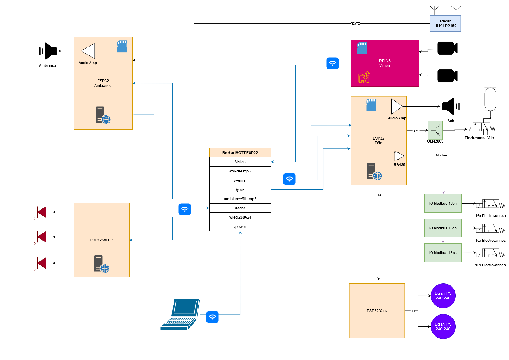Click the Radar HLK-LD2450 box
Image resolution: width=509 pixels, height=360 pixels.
click(445, 23)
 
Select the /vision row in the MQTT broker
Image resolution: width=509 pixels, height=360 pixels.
click(240, 162)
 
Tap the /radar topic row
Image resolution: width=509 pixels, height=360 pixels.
click(240, 208)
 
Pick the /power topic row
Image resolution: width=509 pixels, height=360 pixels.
click(240, 227)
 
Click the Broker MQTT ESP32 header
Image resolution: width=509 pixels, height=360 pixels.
click(240, 153)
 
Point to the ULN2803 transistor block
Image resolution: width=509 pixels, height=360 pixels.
click(435, 130)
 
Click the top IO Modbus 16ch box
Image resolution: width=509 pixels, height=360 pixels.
click(443, 204)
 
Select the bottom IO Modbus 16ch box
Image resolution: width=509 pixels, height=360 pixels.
click(443, 253)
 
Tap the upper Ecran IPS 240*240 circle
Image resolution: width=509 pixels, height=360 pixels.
click(443, 296)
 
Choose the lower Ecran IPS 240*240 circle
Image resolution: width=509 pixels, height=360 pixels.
click(443, 326)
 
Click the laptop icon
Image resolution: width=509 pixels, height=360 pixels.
click(180, 314)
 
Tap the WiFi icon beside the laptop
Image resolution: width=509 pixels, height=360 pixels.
click(212, 317)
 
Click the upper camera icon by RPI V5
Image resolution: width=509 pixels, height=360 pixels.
click(447, 48)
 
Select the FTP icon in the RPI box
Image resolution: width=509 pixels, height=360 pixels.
click(364, 77)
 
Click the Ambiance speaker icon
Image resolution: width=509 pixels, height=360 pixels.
click(49, 51)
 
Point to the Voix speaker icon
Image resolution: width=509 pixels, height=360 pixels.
click(450, 106)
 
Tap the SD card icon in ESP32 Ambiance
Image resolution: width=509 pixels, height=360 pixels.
click(122, 47)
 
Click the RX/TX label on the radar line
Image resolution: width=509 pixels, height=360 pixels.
click(355, 24)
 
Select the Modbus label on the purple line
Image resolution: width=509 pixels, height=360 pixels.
click(442, 156)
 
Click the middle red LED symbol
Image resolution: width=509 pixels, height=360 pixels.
click(41, 237)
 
